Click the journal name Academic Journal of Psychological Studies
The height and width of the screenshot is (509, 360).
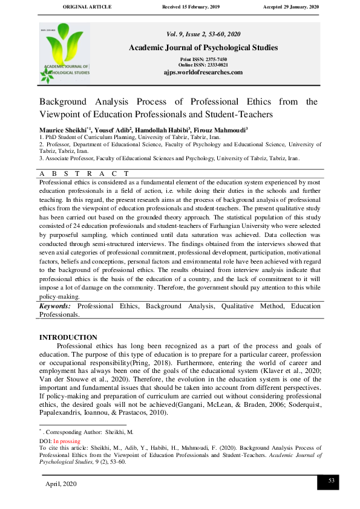coord(203,47)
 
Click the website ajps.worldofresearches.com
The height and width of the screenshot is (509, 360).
coord(203,72)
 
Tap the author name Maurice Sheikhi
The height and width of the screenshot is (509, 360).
coord(61,130)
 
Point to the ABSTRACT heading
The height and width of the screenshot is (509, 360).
coord(84,173)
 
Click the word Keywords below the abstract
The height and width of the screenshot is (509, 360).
coord(55,306)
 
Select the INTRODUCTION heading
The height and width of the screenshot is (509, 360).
coord(68,337)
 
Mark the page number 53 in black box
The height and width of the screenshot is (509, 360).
coord(331,480)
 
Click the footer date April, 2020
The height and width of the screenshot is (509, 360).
coord(61,484)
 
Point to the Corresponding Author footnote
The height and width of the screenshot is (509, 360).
coord(85,433)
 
